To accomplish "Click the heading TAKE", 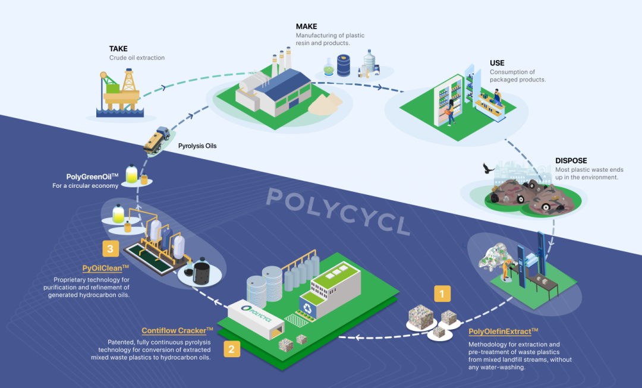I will (x=118, y=48).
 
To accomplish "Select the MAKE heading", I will (x=306, y=27).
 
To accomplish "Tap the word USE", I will (x=497, y=63).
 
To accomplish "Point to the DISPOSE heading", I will (x=571, y=160).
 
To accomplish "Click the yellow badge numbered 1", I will (x=440, y=293).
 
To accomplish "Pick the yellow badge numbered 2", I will (x=232, y=349).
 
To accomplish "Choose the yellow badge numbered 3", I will (x=109, y=247).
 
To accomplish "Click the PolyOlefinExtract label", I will (x=503, y=332).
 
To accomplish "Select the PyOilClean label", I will (x=105, y=268).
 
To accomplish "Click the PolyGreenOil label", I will (x=93, y=176).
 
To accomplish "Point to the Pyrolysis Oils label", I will (x=197, y=145).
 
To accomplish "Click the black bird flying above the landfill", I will (x=489, y=169).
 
